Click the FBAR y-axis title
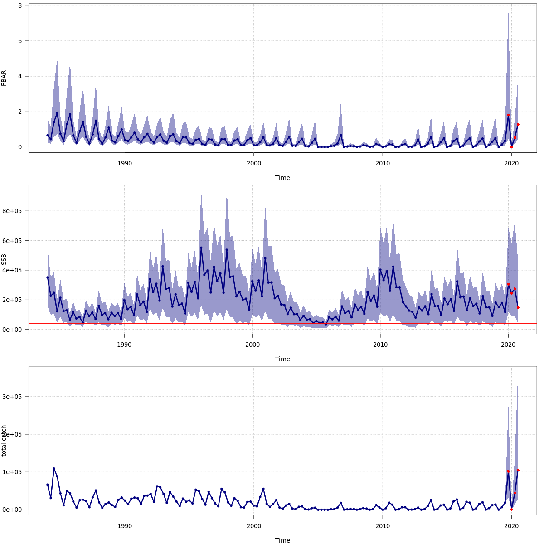[4, 78]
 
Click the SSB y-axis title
[4, 259]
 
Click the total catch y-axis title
[4, 441]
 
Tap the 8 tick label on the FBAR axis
[20, 5]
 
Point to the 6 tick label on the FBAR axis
[20, 41]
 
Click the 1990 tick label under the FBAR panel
[125, 163]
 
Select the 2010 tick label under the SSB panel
[380, 345]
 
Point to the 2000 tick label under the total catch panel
[253, 526]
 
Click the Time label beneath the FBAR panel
[282, 178]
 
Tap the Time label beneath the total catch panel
[282, 540]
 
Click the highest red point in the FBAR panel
[508, 115]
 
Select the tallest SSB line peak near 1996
[201, 248]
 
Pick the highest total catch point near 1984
[54, 469]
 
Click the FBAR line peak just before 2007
[340, 135]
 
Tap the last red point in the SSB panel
[518, 308]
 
